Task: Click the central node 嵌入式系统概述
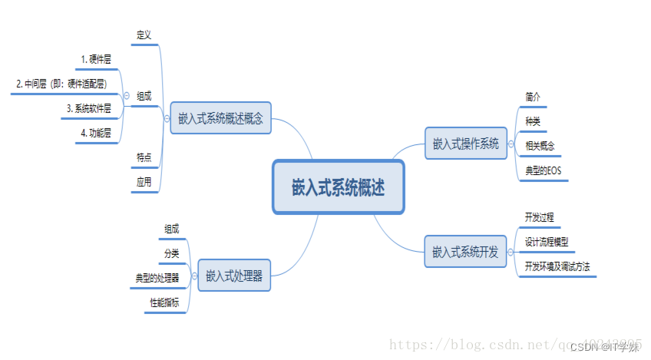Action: tap(339, 187)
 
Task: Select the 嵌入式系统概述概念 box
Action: tap(220, 118)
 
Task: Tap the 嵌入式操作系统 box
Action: tap(466, 144)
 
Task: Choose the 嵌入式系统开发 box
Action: tap(465, 251)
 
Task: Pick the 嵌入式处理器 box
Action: tap(235, 276)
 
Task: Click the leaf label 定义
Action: tap(144, 35)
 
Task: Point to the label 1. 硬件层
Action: tap(96, 59)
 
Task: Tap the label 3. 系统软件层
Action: tap(89, 108)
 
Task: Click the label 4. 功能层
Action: tap(96, 133)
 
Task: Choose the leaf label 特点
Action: tap(144, 157)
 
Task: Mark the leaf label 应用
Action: tap(144, 182)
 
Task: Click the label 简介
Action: tap(533, 97)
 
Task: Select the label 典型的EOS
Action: tap(544, 170)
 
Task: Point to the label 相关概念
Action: tap(540, 146)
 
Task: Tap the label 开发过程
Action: tap(539, 217)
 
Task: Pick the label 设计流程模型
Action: tap(547, 242)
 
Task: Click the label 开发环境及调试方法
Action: tap(557, 266)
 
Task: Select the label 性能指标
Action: tap(164, 303)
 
